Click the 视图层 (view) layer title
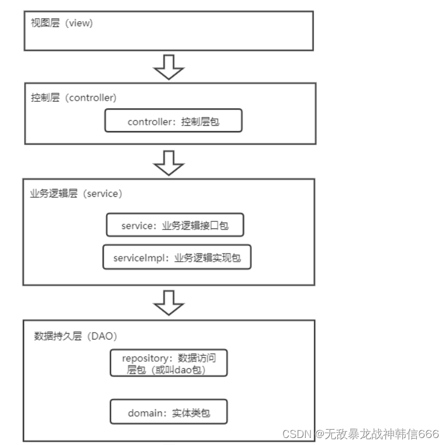[x=61, y=24]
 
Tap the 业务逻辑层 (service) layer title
[x=76, y=194]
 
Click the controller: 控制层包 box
[x=173, y=122]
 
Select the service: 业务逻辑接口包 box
[x=175, y=225]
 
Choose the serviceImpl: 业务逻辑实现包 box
[x=176, y=257]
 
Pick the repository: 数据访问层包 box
[x=168, y=363]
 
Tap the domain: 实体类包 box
[x=168, y=413]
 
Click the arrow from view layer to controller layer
[x=169, y=69]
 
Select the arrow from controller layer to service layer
[x=169, y=162]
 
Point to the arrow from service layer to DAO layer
[x=169, y=302]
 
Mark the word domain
[x=144, y=413]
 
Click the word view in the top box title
[x=81, y=24]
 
